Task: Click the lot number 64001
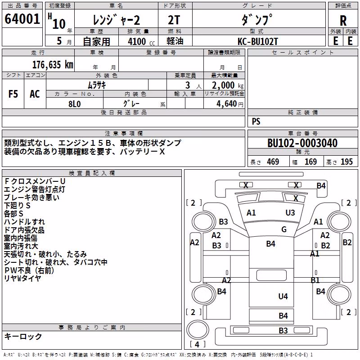pyautogui.click(x=22, y=19)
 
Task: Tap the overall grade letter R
pyautogui.click(x=343, y=21)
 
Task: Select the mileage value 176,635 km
pyautogui.click(x=53, y=65)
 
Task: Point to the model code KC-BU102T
pyautogui.click(x=258, y=41)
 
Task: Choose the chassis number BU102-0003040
pyautogui.click(x=302, y=143)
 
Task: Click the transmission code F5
pyautogui.click(x=13, y=94)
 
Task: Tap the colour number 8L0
pyautogui.click(x=75, y=104)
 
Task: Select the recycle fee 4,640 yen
pyautogui.click(x=230, y=104)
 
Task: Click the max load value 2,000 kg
pyautogui.click(x=228, y=85)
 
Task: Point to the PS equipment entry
pyautogui.click(x=256, y=121)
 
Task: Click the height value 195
pyautogui.click(x=346, y=162)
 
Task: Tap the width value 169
pyautogui.click(x=310, y=162)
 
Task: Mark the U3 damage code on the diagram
pyautogui.click(x=290, y=213)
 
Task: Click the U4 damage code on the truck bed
pyautogui.click(x=283, y=297)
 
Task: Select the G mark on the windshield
pyautogui.click(x=284, y=229)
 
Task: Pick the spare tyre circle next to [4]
pyautogui.click(x=198, y=329)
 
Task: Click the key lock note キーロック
pyautogui.click(x=23, y=336)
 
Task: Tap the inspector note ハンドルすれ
pyautogui.click(x=24, y=222)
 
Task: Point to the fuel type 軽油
pyautogui.click(x=175, y=41)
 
